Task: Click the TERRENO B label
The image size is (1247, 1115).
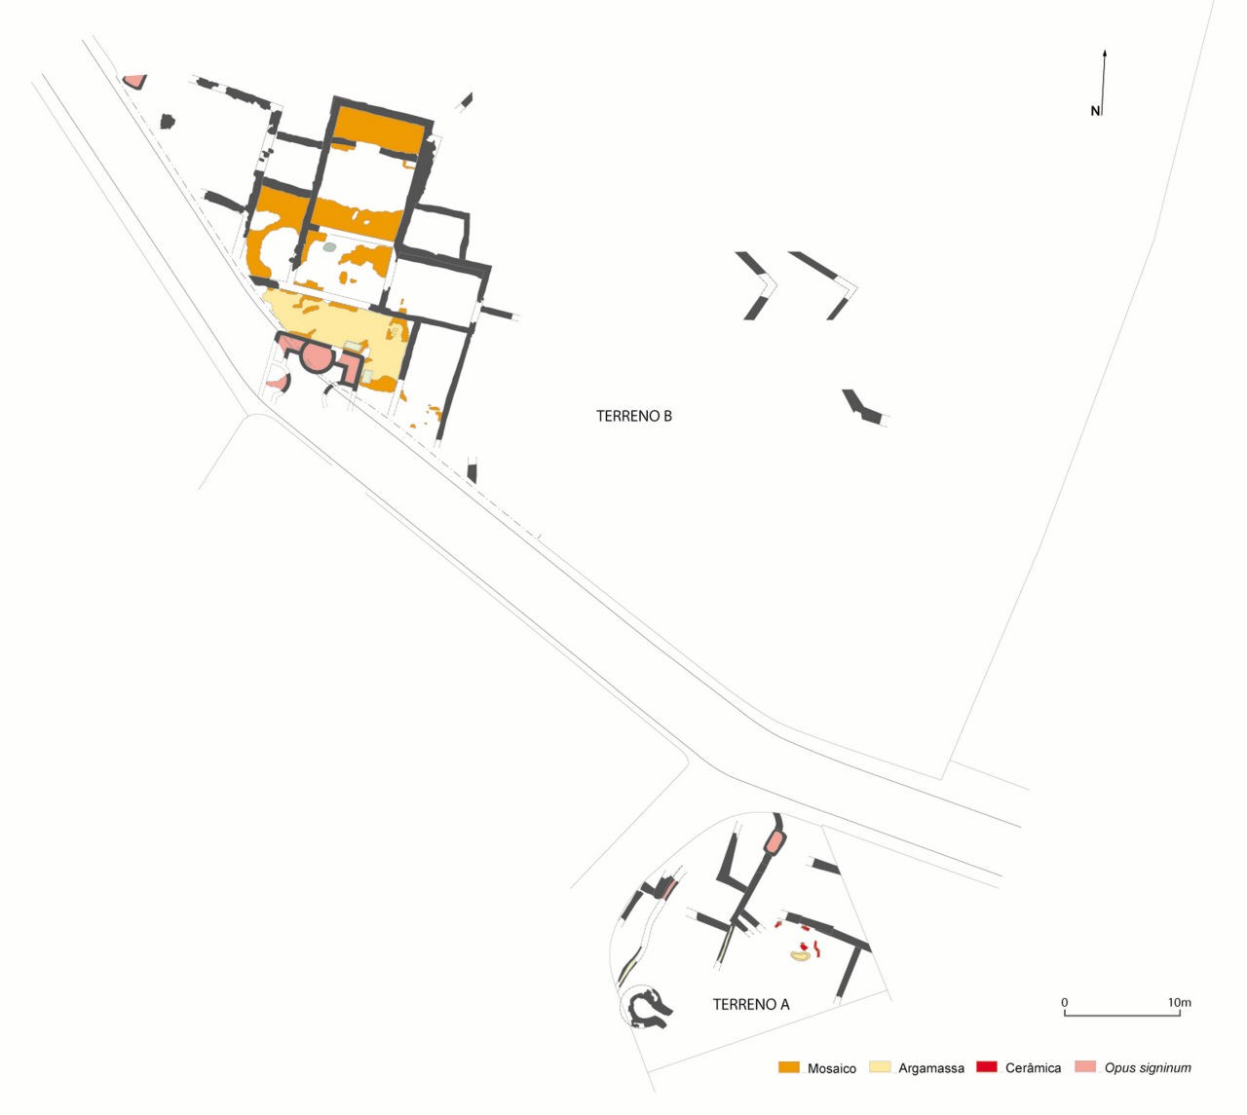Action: point(633,416)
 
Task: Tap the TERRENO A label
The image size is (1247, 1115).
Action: point(751,1022)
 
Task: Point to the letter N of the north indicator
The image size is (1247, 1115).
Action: point(1095,111)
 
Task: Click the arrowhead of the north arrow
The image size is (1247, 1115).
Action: point(1105,54)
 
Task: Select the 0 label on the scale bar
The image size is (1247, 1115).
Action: point(1064,1002)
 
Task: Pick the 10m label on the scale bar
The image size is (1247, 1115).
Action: point(1180,1002)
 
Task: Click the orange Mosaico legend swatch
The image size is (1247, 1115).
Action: point(788,1067)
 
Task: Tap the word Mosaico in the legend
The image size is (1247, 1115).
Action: point(832,1069)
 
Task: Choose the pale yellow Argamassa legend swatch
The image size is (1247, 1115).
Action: point(880,1067)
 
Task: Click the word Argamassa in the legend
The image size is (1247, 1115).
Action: point(931,1069)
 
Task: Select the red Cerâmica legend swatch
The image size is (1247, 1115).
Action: point(987,1067)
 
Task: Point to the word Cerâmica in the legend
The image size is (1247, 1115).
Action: point(1033,1068)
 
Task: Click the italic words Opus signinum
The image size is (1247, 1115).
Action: point(1148,1068)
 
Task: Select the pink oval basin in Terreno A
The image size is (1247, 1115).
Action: point(775,841)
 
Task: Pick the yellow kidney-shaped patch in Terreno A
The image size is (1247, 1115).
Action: point(799,955)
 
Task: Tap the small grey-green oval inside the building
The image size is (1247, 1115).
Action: point(330,247)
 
